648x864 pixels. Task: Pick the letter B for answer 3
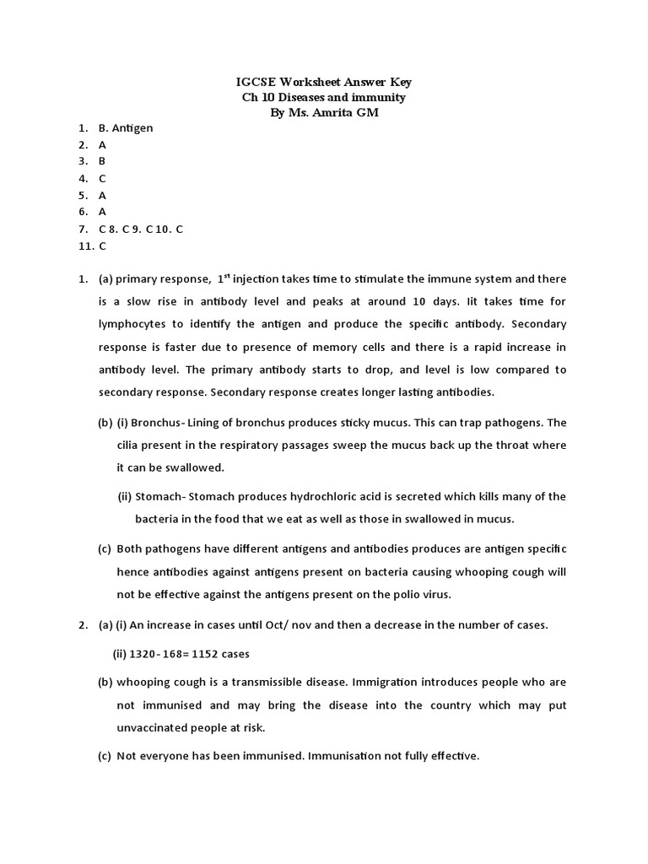coord(102,161)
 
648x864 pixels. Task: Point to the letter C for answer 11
coord(102,246)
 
